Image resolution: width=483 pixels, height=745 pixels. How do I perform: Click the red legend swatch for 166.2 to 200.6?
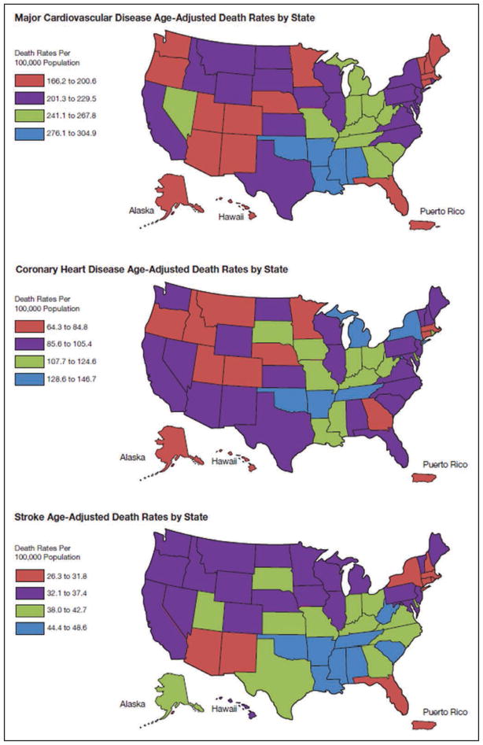(x=28, y=81)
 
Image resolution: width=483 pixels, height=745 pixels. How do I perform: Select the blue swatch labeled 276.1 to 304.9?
(x=28, y=134)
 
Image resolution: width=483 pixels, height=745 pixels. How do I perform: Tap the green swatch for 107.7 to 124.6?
(x=28, y=362)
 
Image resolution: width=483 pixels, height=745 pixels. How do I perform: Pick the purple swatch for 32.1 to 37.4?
(x=28, y=593)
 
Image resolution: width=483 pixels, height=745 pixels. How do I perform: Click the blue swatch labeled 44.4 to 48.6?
(x=28, y=628)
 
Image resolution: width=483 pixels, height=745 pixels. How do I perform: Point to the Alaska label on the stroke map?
(x=132, y=703)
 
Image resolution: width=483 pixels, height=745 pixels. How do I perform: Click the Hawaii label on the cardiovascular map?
(x=230, y=217)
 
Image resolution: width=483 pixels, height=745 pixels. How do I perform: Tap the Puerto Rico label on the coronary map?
(x=445, y=464)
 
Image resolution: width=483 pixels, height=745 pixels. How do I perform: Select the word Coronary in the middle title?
(x=35, y=269)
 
